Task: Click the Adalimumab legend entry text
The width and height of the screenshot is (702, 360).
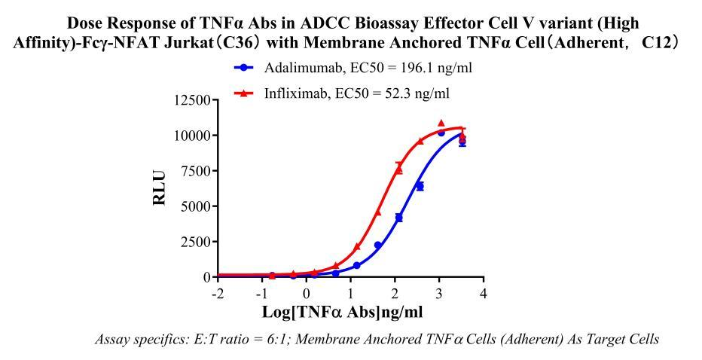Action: pos(368,68)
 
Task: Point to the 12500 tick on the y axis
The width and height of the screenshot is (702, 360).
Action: pos(193,100)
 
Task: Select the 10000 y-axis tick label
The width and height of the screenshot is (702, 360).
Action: pos(193,136)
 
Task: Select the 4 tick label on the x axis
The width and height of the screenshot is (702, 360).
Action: pos(484,292)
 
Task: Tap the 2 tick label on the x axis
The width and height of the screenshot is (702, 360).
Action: pos(395,292)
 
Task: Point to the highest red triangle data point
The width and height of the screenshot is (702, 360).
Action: pos(441,123)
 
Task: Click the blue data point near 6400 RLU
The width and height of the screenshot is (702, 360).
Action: pos(420,186)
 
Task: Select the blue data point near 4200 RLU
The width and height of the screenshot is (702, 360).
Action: pos(398,218)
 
